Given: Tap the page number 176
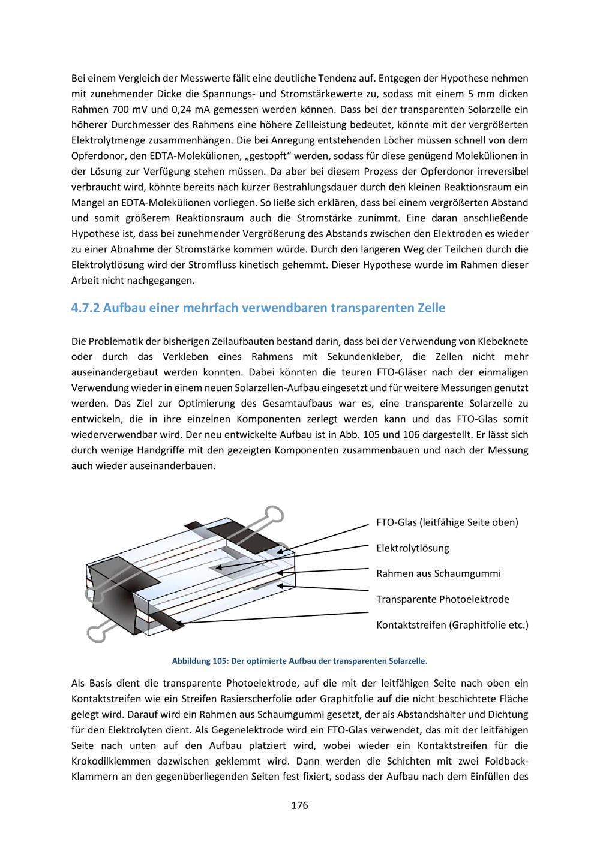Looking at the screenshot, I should pyautogui.click(x=299, y=805).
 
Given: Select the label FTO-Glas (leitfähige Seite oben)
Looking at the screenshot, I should pyautogui.click(x=447, y=522).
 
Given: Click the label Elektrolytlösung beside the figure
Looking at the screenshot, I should pyautogui.click(x=412, y=548).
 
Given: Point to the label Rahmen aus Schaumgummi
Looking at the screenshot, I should pyautogui.click(x=438, y=573).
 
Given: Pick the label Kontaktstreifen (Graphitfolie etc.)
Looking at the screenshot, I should pyautogui.click(x=452, y=624).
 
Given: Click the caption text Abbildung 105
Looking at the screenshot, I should pyautogui.click(x=199, y=661).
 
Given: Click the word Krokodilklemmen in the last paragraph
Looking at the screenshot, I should pyautogui.click(x=107, y=762).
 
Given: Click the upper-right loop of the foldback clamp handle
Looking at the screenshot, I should pyautogui.click(x=275, y=514).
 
